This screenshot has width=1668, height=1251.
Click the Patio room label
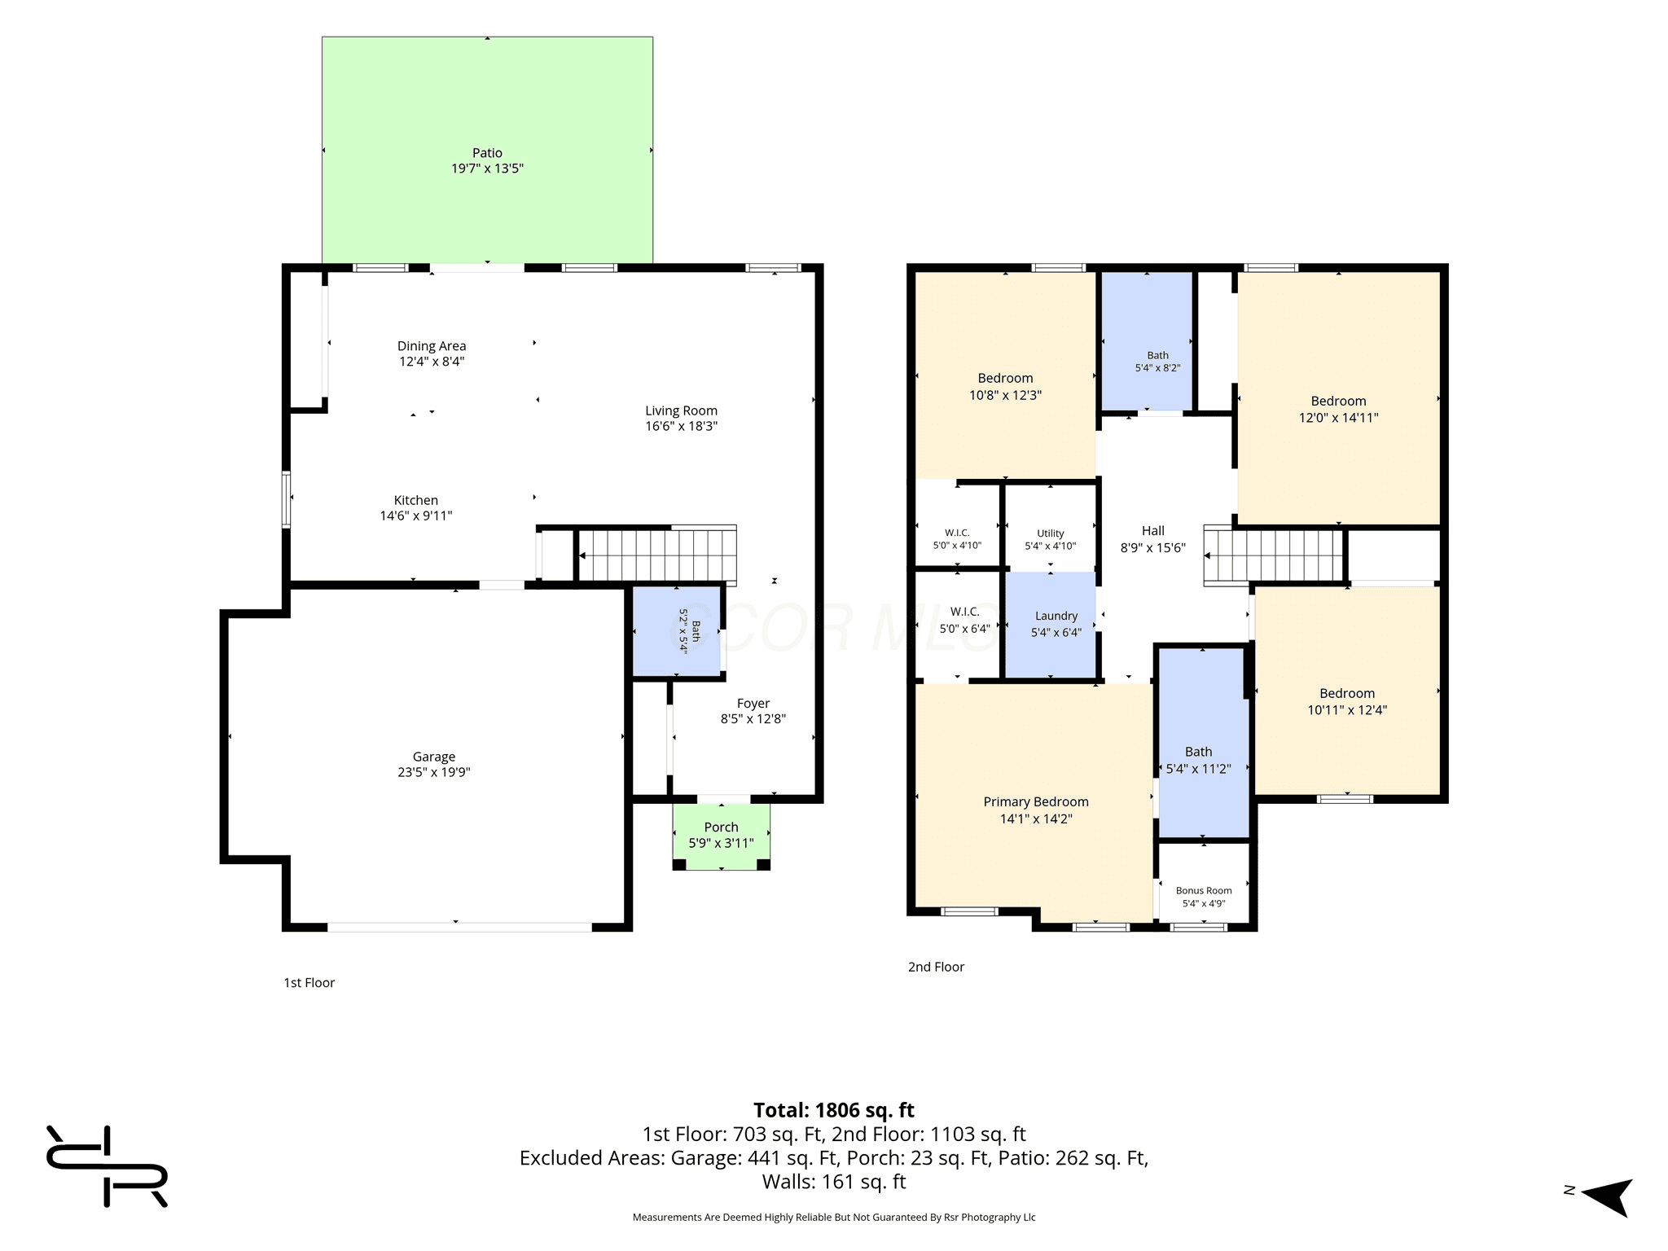(x=487, y=152)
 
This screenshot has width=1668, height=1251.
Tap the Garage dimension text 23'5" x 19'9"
(x=434, y=772)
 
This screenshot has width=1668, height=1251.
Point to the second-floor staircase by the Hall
(x=1273, y=556)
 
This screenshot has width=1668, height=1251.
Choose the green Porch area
(x=722, y=836)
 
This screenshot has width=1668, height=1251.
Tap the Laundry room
(x=1051, y=624)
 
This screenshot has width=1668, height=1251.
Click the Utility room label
(x=1051, y=533)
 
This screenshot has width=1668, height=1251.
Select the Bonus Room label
(x=1204, y=890)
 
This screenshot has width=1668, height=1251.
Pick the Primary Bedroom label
(x=1036, y=801)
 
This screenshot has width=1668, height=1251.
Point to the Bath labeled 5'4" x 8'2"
(x=1148, y=341)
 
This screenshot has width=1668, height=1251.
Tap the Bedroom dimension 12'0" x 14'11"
(x=1339, y=418)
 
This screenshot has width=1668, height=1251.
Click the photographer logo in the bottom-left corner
(x=107, y=1165)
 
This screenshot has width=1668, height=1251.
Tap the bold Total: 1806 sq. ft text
(x=834, y=1110)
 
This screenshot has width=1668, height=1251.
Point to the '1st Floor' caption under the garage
(x=309, y=983)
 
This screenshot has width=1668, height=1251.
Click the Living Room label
(x=682, y=410)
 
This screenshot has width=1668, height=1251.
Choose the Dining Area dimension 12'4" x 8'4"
(x=432, y=362)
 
